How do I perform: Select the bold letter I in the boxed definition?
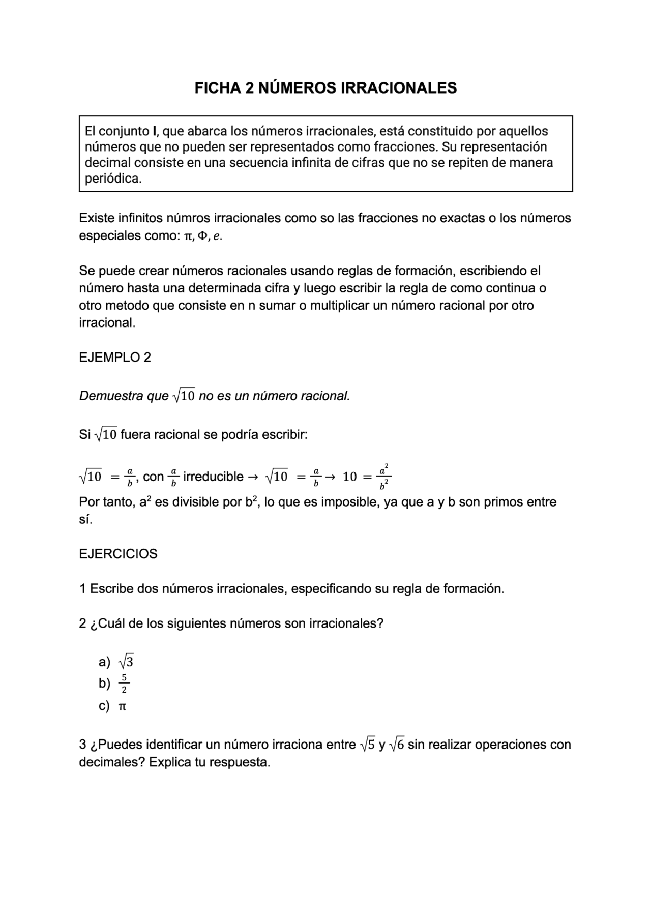point(154,131)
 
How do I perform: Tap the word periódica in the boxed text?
point(112,179)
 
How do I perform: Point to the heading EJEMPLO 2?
point(115,358)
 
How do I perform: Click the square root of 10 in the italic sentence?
point(184,396)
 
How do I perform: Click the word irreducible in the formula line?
point(213,477)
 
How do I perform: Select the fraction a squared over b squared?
point(383,477)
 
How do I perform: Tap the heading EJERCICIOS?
point(118,554)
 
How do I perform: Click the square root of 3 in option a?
point(125,662)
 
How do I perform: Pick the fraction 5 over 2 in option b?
point(124,684)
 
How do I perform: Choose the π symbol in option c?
point(122,706)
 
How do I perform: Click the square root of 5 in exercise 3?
point(367,745)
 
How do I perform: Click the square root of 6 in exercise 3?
point(396,745)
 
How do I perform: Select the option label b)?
point(104,683)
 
